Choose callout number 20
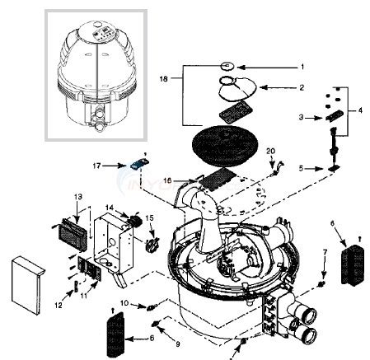(269, 151)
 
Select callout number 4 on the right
(357, 109)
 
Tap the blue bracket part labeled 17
(136, 166)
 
